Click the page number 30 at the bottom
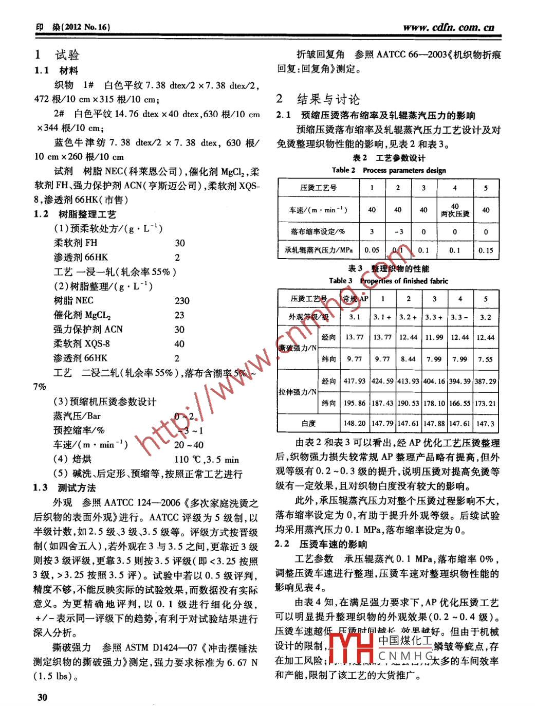42,697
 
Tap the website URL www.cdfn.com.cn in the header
448,27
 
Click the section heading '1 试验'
57,55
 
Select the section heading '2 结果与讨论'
318,99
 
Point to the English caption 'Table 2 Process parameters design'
389,170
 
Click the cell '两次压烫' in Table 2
455,214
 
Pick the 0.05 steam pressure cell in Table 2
372,250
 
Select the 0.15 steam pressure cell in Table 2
485,250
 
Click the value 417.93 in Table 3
355,381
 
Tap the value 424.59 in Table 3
382,381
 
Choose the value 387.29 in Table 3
485,381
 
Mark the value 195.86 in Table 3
355,403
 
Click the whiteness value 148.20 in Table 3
355,424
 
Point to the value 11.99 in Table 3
434,337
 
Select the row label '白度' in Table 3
309,424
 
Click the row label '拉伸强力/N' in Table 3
298,392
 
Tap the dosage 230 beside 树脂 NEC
182,301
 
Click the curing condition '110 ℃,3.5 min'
207,460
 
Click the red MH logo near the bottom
350,648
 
